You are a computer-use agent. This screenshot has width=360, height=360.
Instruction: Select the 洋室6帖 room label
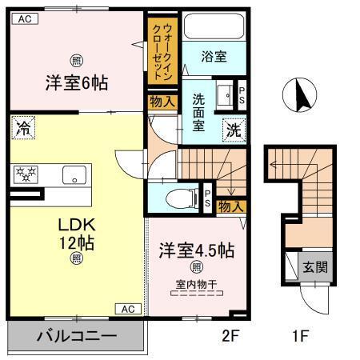(77, 82)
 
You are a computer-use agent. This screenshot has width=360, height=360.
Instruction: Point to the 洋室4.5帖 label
(196, 250)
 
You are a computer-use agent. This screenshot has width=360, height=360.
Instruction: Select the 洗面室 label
(199, 113)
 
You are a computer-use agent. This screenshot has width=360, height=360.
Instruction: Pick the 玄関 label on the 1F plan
(312, 266)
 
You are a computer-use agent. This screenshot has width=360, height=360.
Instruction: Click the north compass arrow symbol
(302, 96)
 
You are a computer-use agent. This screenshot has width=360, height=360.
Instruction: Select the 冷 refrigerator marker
(25, 126)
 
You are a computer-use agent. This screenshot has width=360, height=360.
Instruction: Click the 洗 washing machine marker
(233, 130)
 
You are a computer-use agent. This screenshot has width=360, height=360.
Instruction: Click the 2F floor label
(230, 336)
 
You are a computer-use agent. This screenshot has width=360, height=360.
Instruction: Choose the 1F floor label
(300, 336)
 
